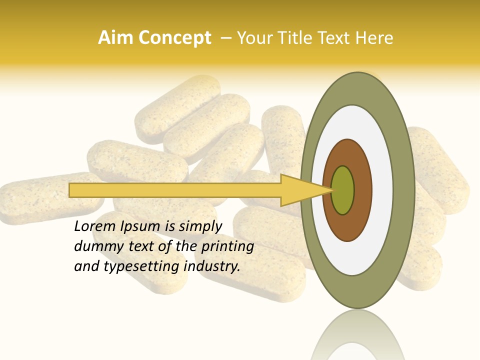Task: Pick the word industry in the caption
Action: point(212,266)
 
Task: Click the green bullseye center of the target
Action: point(342,190)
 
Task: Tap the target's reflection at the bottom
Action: point(357,335)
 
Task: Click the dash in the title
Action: point(225,38)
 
